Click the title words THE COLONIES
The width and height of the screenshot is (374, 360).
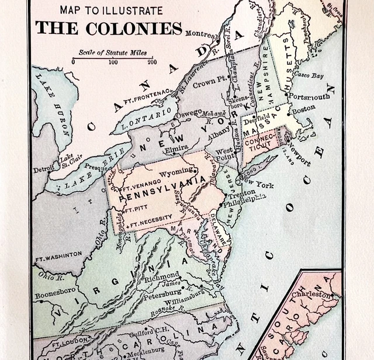108,28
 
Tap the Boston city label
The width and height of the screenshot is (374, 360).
303,109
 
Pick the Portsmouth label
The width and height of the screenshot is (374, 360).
307,96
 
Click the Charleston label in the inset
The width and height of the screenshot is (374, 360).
318,295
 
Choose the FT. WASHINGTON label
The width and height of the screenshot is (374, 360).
58,255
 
